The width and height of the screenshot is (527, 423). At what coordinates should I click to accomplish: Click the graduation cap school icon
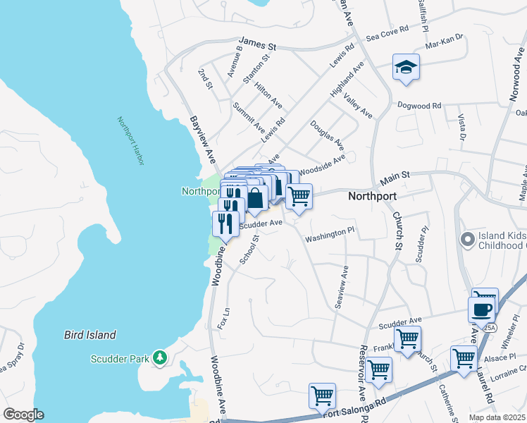click(406, 67)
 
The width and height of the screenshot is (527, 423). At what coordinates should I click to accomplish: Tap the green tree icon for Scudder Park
click(161, 358)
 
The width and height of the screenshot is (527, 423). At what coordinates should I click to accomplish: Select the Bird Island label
click(89, 335)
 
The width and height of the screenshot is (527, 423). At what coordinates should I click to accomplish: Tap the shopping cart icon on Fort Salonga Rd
click(322, 396)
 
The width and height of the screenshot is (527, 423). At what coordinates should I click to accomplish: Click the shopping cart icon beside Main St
click(299, 195)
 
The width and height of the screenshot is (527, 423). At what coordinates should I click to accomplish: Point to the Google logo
click(24, 415)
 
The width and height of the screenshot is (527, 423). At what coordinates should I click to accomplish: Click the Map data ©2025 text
click(497, 417)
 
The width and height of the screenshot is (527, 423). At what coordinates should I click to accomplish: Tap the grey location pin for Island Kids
click(466, 240)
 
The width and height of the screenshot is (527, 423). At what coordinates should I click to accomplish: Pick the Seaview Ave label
click(341, 286)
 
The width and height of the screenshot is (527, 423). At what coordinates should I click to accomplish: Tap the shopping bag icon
click(255, 198)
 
